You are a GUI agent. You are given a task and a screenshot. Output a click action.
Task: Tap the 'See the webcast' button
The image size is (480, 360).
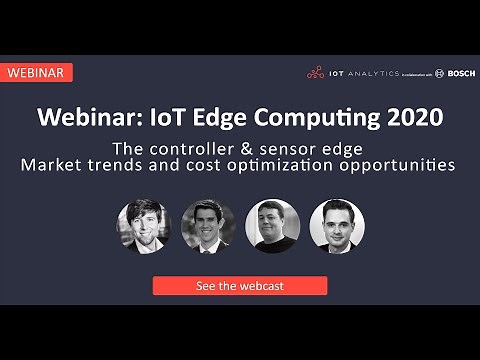click(239, 285)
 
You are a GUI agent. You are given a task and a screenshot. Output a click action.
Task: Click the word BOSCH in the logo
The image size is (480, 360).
click(460, 73)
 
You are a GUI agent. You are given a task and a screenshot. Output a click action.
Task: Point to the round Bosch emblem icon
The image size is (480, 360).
click(440, 73)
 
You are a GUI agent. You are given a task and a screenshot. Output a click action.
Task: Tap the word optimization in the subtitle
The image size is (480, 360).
click(293, 165)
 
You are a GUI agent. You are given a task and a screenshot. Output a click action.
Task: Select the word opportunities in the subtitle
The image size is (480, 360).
click(400, 165)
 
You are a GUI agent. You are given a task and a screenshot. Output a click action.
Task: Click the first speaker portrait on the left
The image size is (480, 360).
click(143, 226)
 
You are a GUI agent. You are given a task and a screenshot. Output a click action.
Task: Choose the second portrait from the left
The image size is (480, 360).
click(208, 226)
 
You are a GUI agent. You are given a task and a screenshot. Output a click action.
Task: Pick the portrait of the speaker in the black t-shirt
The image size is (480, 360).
click(272, 226)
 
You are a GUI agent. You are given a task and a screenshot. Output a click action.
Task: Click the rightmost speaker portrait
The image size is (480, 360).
click(337, 226)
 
